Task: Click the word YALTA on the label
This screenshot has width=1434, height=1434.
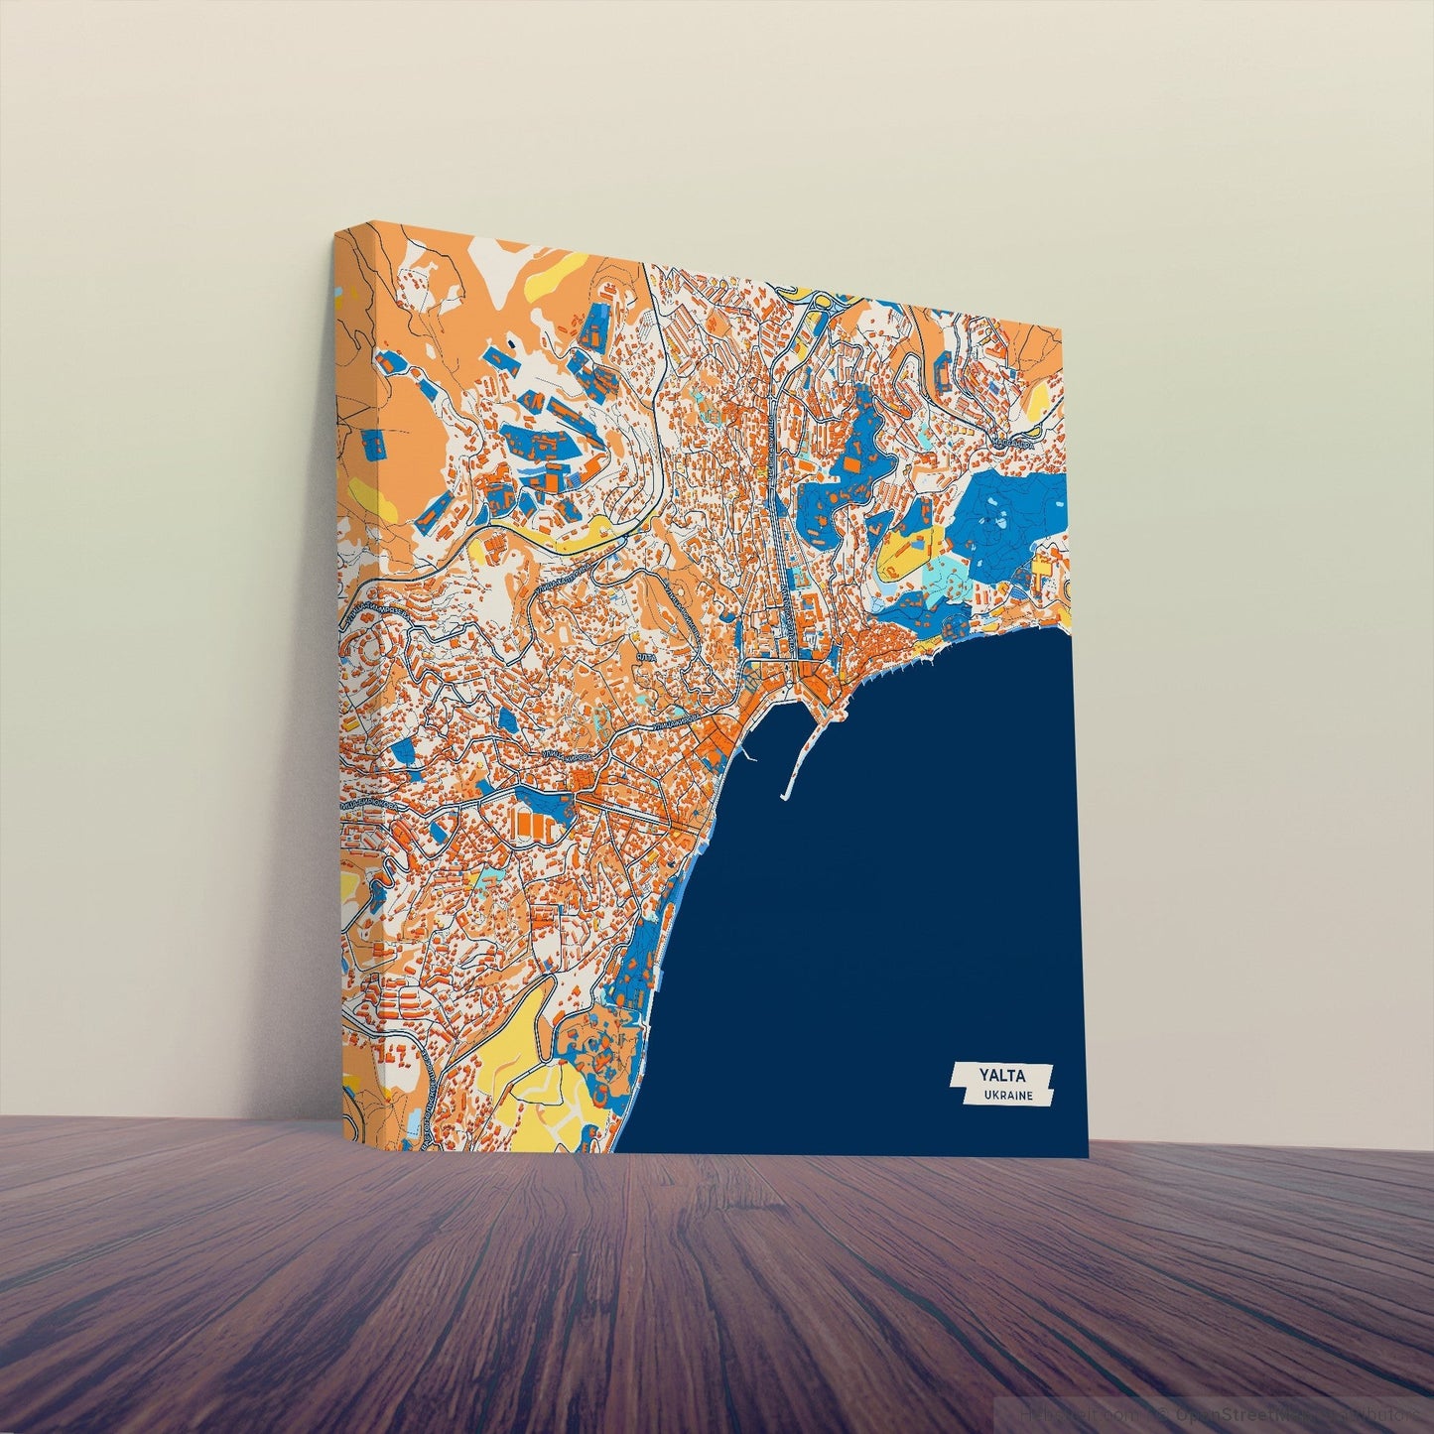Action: point(1001,1075)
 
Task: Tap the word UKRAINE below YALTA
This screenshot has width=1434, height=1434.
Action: point(1008,1096)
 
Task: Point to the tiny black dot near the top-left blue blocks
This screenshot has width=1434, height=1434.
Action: point(511,342)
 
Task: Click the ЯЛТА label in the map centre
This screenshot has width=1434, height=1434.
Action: point(646,658)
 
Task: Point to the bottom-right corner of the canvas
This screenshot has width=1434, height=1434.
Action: point(1088,1156)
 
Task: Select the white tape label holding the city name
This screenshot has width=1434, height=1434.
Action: point(1001,1084)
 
